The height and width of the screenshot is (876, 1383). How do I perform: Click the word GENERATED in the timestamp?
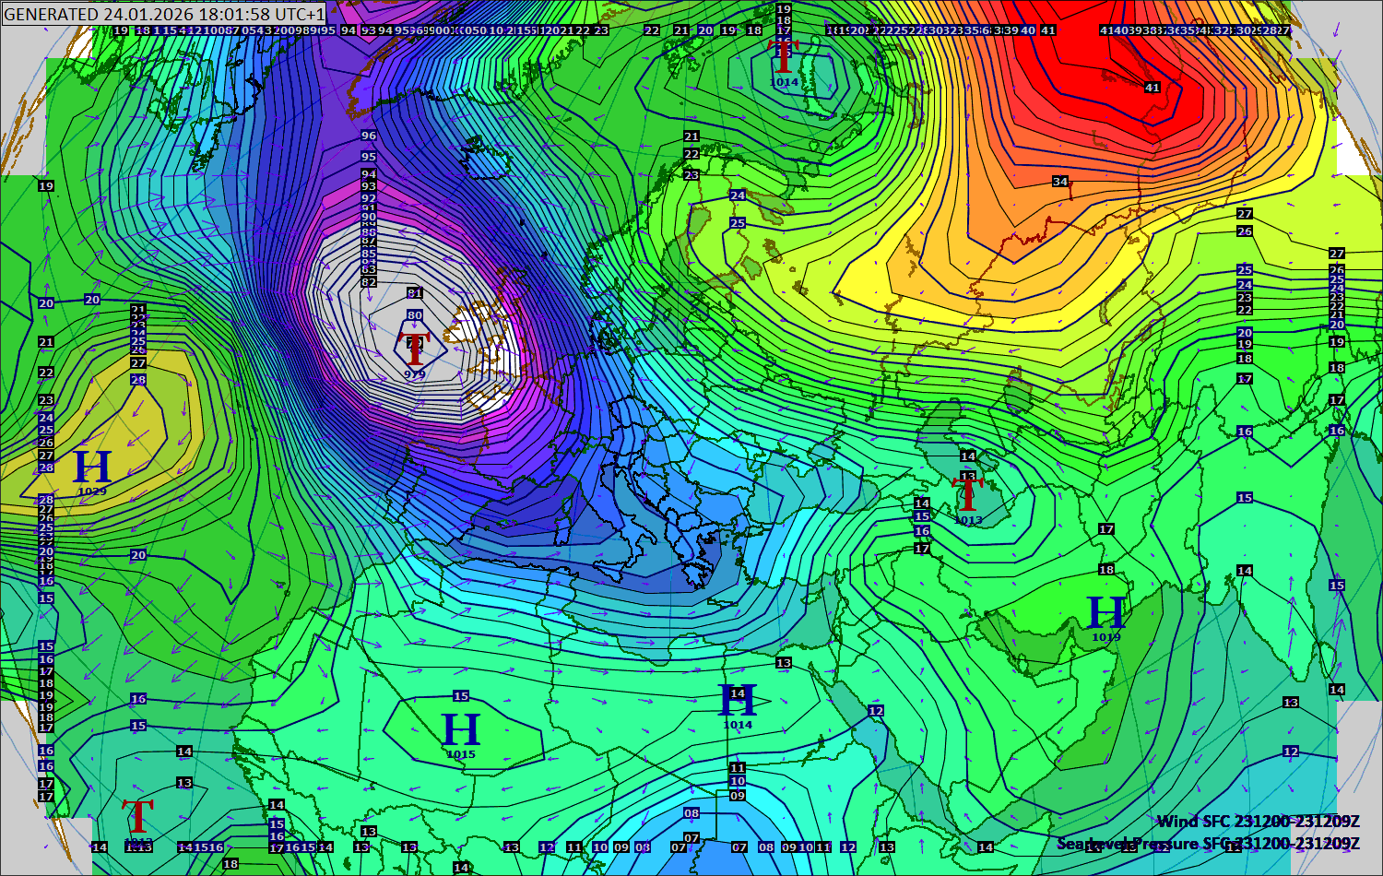click(51, 14)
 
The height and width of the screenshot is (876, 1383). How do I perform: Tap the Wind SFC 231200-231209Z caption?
click(1258, 821)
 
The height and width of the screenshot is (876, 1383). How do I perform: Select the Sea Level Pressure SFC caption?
click(1208, 843)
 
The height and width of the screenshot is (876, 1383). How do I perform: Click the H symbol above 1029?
click(92, 468)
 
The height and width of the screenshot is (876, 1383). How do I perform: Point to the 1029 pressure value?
click(92, 491)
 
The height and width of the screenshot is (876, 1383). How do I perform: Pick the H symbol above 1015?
click(461, 730)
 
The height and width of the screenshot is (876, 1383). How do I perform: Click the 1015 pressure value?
click(461, 754)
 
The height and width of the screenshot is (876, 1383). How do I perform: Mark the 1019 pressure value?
click(1106, 637)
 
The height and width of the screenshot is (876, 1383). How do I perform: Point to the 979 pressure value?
click(415, 374)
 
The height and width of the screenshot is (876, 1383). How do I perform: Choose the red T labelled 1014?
click(784, 58)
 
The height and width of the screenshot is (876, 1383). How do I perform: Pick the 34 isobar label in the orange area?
click(1060, 182)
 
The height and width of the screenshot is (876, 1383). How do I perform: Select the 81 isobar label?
click(415, 293)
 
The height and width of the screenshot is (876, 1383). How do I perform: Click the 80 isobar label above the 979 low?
click(415, 315)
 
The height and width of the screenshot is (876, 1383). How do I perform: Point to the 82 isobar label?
click(369, 282)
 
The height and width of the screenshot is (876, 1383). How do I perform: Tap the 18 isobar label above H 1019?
click(1106, 570)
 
